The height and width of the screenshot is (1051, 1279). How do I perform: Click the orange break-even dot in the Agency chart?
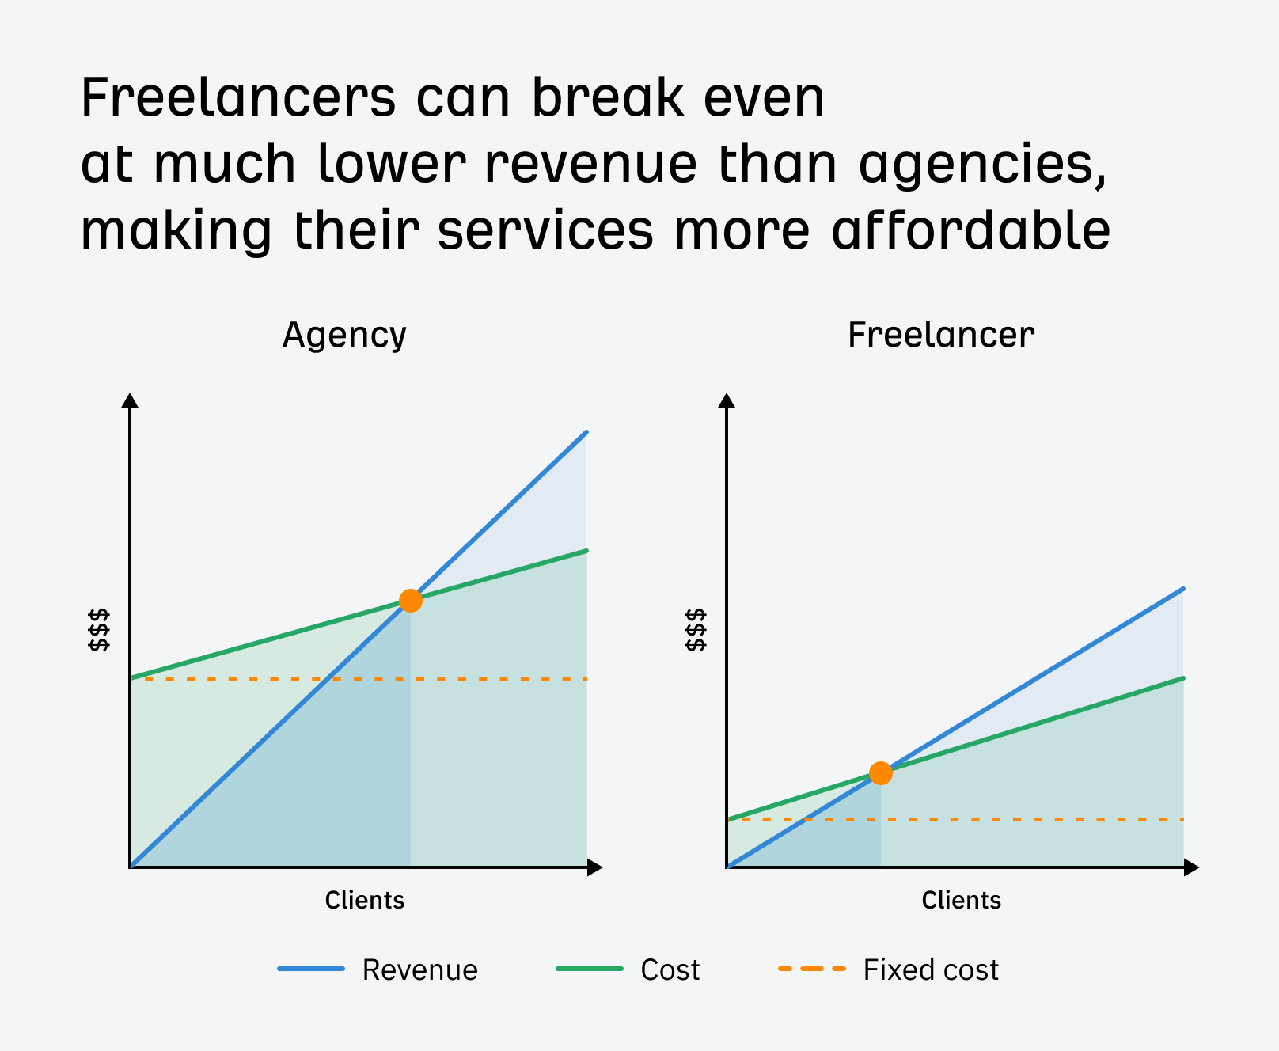coord(410,601)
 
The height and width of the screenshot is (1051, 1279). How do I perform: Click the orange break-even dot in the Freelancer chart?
coord(880,773)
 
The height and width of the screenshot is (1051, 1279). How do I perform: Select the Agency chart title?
coord(344,336)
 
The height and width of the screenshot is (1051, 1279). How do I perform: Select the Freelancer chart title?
coord(940,336)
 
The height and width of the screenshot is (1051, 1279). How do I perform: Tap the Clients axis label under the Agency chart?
coord(364,901)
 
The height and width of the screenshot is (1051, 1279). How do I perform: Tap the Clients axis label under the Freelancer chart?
coord(961,901)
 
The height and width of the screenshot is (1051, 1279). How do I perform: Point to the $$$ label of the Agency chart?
coord(99,630)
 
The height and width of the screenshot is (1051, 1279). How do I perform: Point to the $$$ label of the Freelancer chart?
coord(695,630)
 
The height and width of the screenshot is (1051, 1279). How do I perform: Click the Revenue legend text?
coord(419,970)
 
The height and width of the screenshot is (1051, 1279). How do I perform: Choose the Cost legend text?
coord(670,970)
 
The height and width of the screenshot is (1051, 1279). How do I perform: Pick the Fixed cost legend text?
coord(931,970)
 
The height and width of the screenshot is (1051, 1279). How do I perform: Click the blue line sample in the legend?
coord(311,969)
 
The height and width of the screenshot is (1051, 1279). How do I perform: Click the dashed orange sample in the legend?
coord(811,969)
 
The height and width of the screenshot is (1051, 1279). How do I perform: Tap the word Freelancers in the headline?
coord(237,98)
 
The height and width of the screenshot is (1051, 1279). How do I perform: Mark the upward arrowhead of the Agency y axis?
coord(131,400)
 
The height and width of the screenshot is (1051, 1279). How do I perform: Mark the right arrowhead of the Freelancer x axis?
coord(1191,867)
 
